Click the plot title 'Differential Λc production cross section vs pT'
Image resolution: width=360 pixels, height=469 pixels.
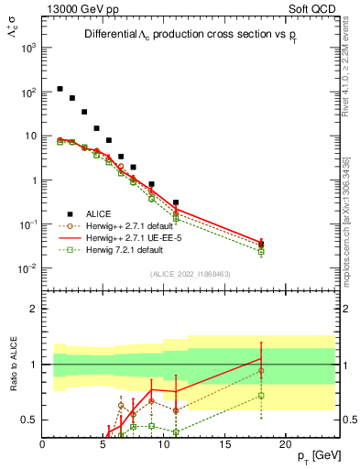pyautogui.click(x=193, y=35)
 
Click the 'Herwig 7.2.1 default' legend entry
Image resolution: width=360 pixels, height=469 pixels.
pyautogui.click(x=125, y=248)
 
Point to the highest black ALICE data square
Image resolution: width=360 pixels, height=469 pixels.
pyautogui.click(x=60, y=89)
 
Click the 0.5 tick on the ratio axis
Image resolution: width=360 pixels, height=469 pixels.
pyautogui.click(x=30, y=420)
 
